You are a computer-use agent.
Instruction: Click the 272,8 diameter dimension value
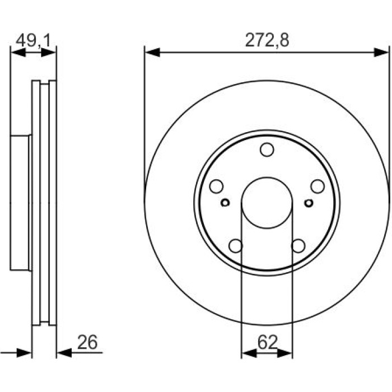point(267,40)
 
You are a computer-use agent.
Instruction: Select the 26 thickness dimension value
point(87,342)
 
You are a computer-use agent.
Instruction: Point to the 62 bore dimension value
point(268,342)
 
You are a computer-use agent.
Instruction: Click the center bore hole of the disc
point(267,203)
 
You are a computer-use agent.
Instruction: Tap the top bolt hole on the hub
point(267,150)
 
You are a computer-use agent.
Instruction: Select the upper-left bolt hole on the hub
point(216,186)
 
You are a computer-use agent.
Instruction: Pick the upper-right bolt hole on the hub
point(318,186)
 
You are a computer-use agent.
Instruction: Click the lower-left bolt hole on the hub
point(236,246)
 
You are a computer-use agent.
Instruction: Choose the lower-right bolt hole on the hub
point(298,246)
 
